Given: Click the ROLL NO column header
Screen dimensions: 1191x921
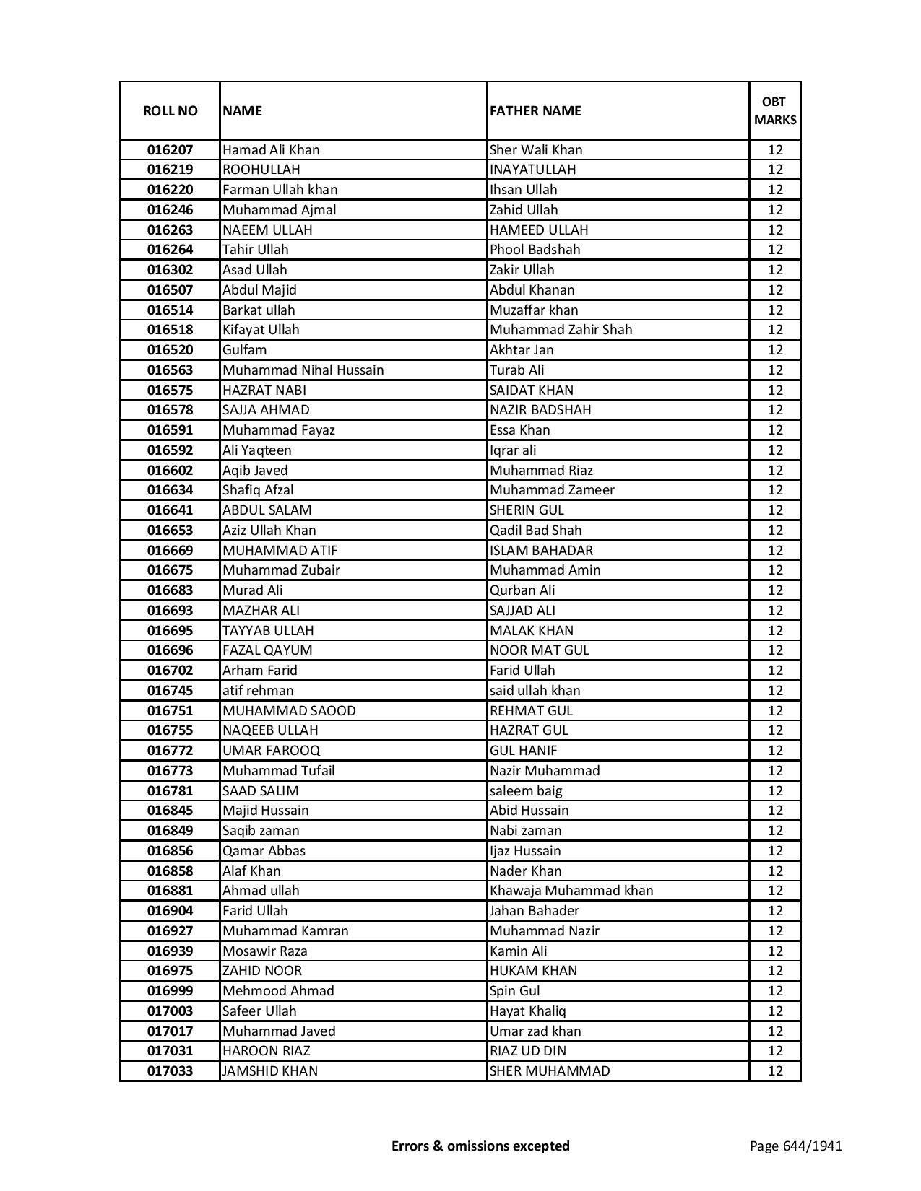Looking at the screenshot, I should tap(170, 110).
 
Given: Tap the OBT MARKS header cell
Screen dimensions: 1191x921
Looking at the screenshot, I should tap(775, 110).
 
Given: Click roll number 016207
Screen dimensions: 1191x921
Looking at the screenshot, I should tap(170, 149).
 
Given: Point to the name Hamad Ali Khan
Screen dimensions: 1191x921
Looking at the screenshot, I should tap(271, 149).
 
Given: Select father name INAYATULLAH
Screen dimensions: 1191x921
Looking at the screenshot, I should tap(532, 170).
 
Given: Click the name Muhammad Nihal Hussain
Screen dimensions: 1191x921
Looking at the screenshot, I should tap(303, 370).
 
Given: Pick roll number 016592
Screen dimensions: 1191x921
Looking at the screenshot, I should tap(170, 450).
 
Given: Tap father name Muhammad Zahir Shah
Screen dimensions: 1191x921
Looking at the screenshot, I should tap(561, 330).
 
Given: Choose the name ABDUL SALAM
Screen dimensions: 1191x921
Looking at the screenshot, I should tap(267, 510).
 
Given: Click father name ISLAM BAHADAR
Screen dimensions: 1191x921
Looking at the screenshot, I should tap(541, 550).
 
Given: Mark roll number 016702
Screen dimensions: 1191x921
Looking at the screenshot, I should tap(170, 671).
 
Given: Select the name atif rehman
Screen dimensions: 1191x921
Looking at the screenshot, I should tap(258, 691).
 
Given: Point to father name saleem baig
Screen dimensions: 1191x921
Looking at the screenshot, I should tap(526, 791).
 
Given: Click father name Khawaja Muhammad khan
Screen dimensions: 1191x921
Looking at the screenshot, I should tap(571, 891).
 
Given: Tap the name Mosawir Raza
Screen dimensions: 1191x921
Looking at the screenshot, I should tap(264, 951).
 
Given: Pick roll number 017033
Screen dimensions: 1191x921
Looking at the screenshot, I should tap(170, 1071).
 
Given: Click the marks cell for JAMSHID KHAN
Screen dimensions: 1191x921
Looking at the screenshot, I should tap(775, 1071).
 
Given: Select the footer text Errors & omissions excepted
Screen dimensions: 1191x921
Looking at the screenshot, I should tap(480, 1146).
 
